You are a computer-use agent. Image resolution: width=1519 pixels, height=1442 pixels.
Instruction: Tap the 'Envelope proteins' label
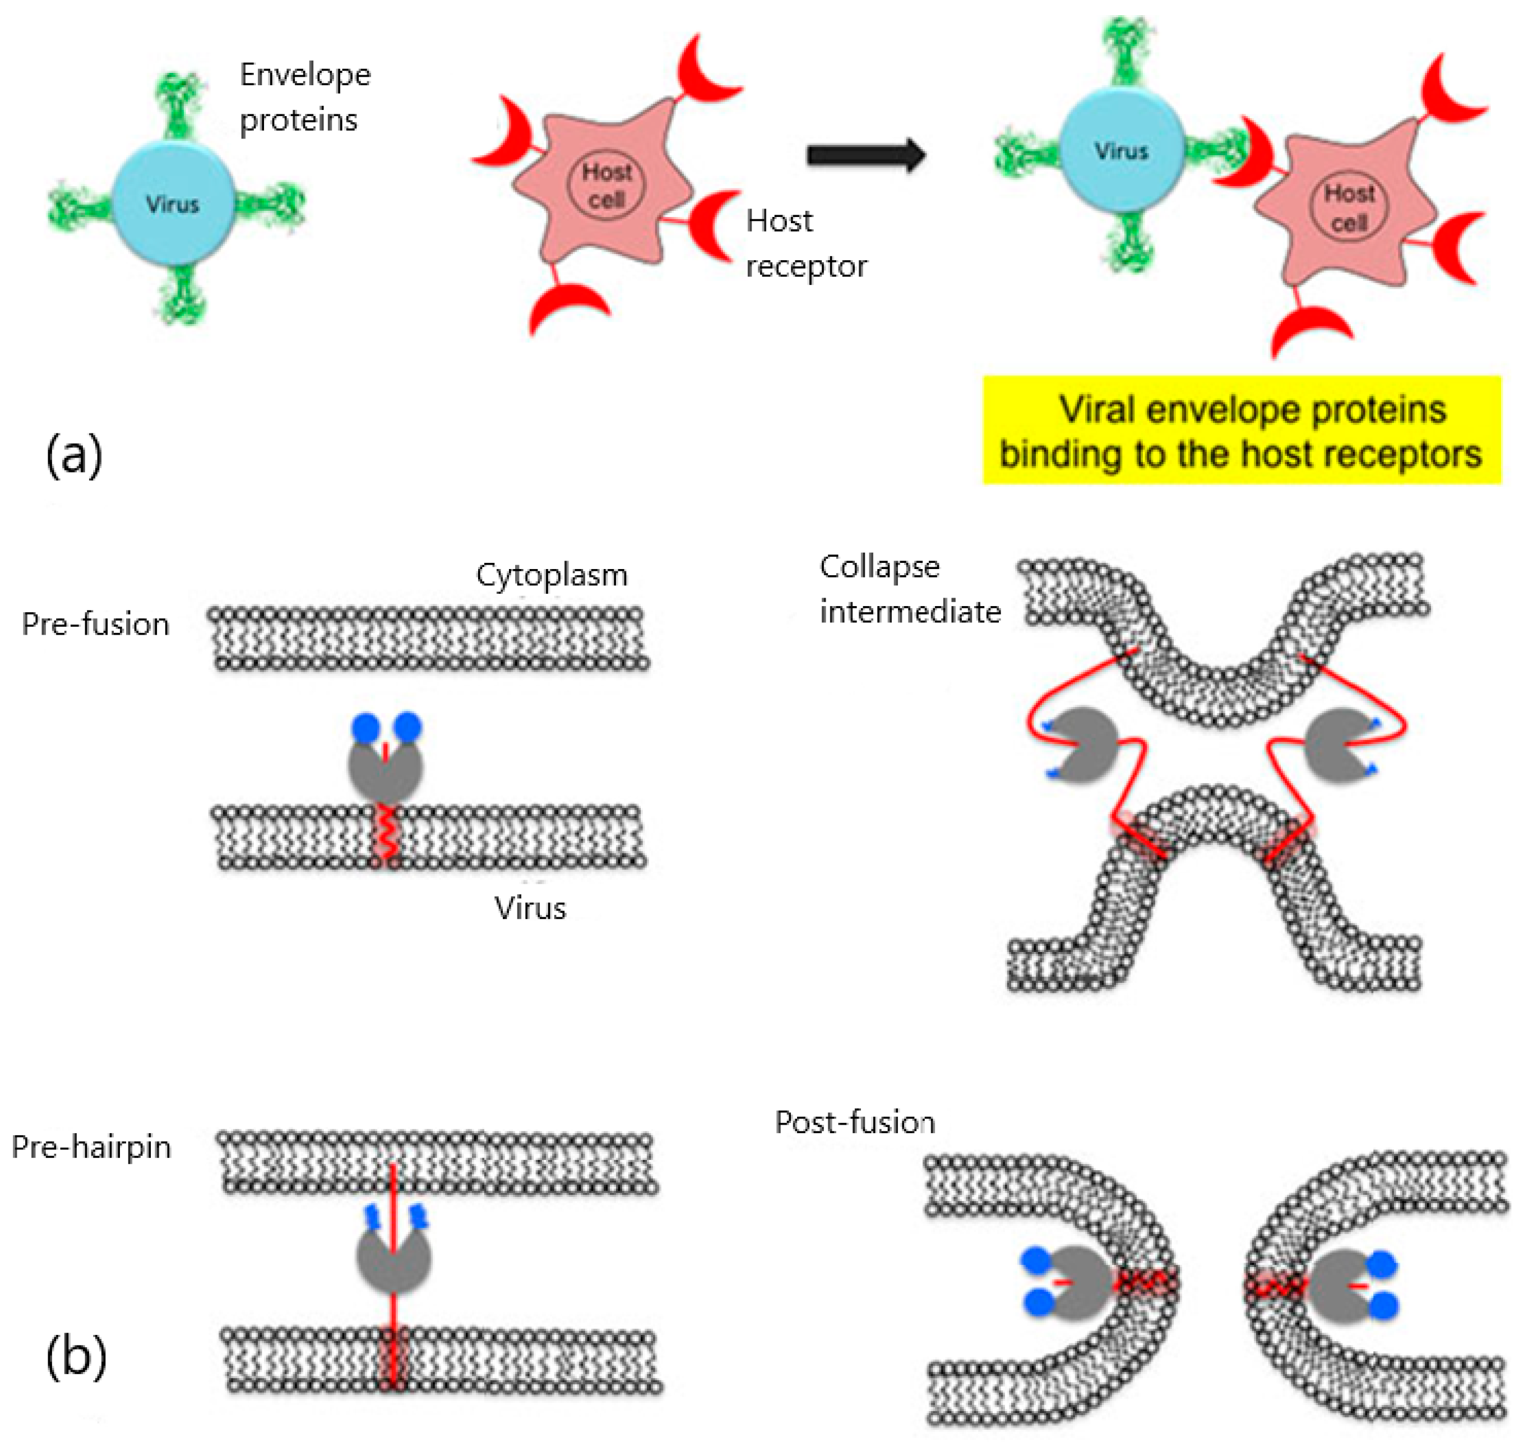pyautogui.click(x=304, y=97)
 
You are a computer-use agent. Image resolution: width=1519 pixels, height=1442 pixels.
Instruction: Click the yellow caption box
pyautogui.click(x=1241, y=431)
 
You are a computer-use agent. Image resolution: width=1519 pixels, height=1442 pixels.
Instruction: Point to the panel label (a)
pyautogui.click(x=74, y=455)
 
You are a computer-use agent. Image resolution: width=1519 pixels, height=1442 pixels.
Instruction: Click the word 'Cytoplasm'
pyautogui.click(x=551, y=575)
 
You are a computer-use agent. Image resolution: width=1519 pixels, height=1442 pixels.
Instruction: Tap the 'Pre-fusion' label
pyautogui.click(x=95, y=624)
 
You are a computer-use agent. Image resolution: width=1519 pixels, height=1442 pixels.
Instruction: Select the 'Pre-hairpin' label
pyautogui.click(x=91, y=1147)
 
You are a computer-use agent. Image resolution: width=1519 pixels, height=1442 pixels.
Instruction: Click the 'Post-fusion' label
pyautogui.click(x=854, y=1122)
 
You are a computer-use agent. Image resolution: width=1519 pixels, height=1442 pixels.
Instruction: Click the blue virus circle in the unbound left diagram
pyautogui.click(x=173, y=203)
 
